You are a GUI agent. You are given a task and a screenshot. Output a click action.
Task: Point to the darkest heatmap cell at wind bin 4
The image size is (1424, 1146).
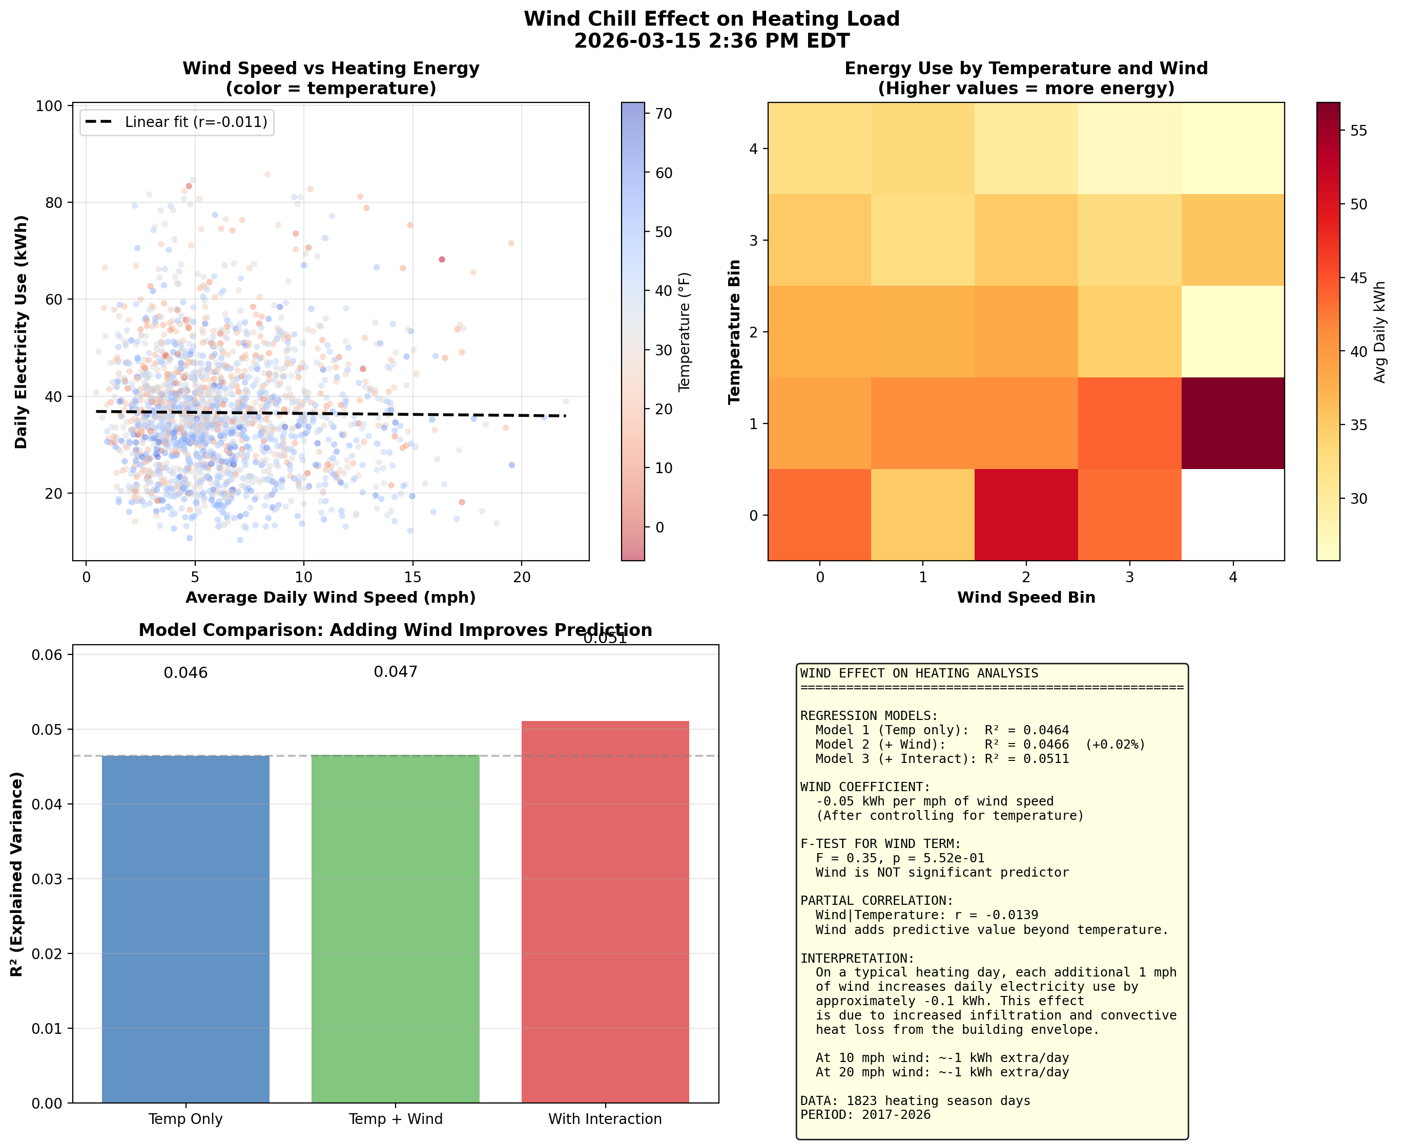point(1232,423)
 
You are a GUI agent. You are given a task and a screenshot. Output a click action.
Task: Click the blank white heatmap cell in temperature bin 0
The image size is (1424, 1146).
point(1232,515)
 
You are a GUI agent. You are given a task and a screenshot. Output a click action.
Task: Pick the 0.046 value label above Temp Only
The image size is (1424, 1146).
point(185,673)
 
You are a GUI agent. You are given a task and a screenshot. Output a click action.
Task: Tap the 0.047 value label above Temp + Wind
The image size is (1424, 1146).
point(395,672)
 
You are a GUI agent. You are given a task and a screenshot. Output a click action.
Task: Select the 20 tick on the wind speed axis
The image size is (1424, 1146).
point(521,577)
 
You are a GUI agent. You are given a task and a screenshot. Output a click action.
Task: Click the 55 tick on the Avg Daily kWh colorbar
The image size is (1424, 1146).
point(1358,131)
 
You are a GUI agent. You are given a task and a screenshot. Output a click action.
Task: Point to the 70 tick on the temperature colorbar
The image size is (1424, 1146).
point(663,114)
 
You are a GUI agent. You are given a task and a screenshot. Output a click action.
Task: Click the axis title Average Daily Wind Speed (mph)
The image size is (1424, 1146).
point(330,598)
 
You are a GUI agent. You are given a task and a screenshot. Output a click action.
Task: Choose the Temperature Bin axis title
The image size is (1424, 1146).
point(734,331)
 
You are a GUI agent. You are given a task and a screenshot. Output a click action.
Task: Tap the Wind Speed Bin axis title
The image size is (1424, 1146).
point(1026,598)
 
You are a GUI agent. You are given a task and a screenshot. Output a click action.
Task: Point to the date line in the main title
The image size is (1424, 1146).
point(711,41)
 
